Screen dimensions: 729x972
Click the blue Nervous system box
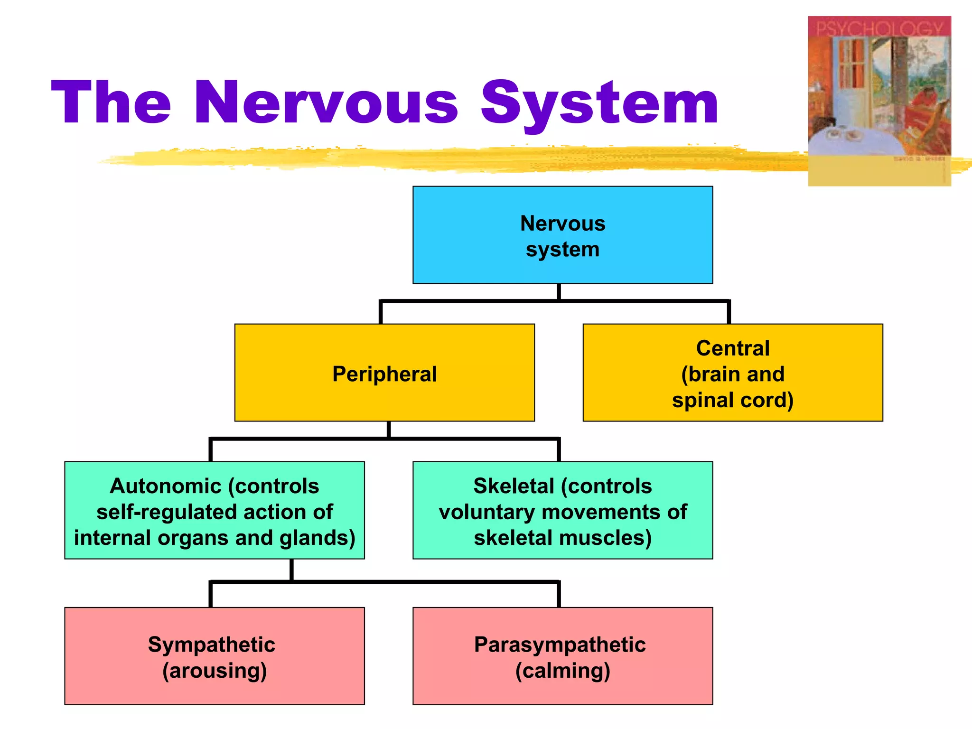[562, 235]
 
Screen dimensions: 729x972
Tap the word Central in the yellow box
[732, 348]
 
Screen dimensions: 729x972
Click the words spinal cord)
[732, 400]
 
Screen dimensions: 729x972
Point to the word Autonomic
[166, 486]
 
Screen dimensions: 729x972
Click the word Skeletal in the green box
[514, 486]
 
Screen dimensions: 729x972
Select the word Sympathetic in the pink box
[212, 645]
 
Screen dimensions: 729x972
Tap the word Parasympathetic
[560, 645]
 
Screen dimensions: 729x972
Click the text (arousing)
[215, 671]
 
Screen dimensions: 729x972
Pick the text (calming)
[562, 671]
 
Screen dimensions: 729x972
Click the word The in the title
[111, 103]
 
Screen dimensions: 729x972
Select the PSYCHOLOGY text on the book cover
[879, 28]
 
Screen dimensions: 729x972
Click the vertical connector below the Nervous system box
[559, 292]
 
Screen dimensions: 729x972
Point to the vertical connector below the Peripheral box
[388, 430]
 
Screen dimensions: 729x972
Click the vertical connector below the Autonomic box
[291, 570]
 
